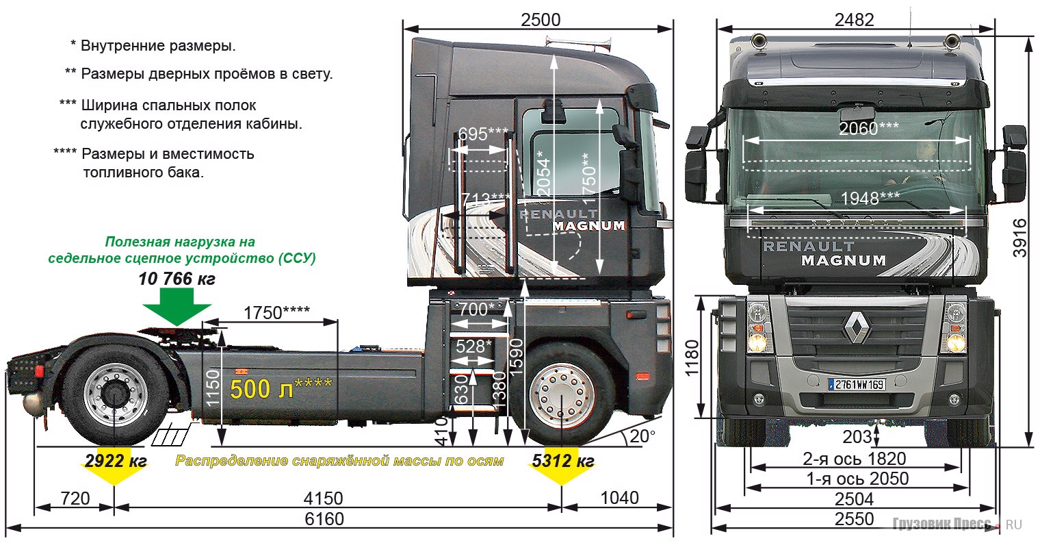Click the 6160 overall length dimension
coord(324,519)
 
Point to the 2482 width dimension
coord(854,20)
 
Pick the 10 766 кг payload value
coord(177,279)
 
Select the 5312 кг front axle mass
coord(561,461)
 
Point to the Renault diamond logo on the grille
coord(855,327)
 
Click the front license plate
coord(857,384)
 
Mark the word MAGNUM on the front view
coord(843,260)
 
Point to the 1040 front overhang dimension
coord(620,498)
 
